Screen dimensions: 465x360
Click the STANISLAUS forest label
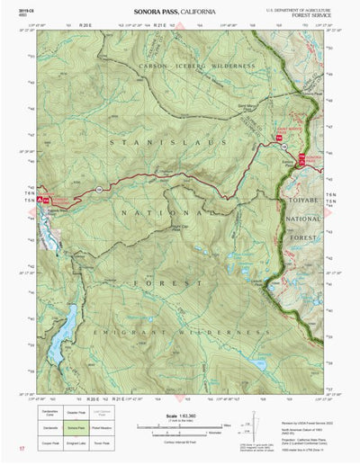click(x=143, y=141)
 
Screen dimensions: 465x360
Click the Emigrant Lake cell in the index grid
click(x=76, y=443)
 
